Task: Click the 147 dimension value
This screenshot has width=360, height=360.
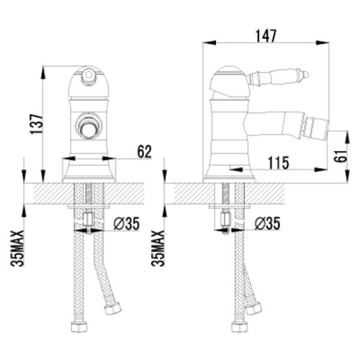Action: pyautogui.click(x=266, y=36)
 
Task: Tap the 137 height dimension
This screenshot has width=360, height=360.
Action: pyautogui.click(x=37, y=124)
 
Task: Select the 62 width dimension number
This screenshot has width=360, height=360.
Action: pyautogui.click(x=144, y=152)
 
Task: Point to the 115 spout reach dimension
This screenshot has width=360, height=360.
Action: pyautogui.click(x=279, y=163)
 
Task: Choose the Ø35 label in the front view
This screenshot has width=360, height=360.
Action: pyautogui.click(x=127, y=223)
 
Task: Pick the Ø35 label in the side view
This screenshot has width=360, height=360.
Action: pyautogui.click(x=267, y=223)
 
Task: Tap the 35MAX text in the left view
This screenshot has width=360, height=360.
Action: pyautogui.click(x=17, y=248)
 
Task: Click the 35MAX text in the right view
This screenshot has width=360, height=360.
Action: pyautogui.click(x=158, y=248)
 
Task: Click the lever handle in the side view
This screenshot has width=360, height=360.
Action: pyautogui.click(x=277, y=76)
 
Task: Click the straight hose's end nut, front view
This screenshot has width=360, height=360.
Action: pyautogui.click(x=79, y=327)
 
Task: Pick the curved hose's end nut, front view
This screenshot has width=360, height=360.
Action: pyautogui.click(x=112, y=307)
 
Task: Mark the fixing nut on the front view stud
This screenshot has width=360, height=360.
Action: pyautogui.click(x=89, y=219)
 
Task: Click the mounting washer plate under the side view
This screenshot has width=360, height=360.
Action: pyautogui.click(x=229, y=207)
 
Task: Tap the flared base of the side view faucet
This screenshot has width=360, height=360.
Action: pyautogui.click(x=229, y=174)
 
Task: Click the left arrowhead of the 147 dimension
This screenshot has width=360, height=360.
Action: pyautogui.click(x=210, y=43)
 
